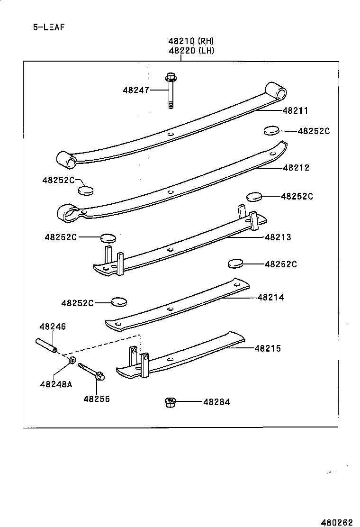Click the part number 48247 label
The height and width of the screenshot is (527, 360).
135,90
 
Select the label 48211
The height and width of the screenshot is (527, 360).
295,111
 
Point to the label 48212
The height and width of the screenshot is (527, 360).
296,167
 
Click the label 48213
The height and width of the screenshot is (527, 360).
278,237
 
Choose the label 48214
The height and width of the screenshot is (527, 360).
271,297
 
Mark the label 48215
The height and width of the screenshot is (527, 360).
268,348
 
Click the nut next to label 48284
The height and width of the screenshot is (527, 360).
169,402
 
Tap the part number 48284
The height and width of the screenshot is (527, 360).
216,402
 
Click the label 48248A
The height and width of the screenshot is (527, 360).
56,384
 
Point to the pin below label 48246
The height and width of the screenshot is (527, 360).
46,345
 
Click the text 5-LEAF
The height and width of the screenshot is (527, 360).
48,27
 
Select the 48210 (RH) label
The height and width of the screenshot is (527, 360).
191,41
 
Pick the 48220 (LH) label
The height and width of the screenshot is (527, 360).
191,51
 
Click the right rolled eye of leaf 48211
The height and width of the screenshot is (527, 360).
276,91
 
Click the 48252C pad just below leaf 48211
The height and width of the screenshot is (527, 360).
270,130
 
